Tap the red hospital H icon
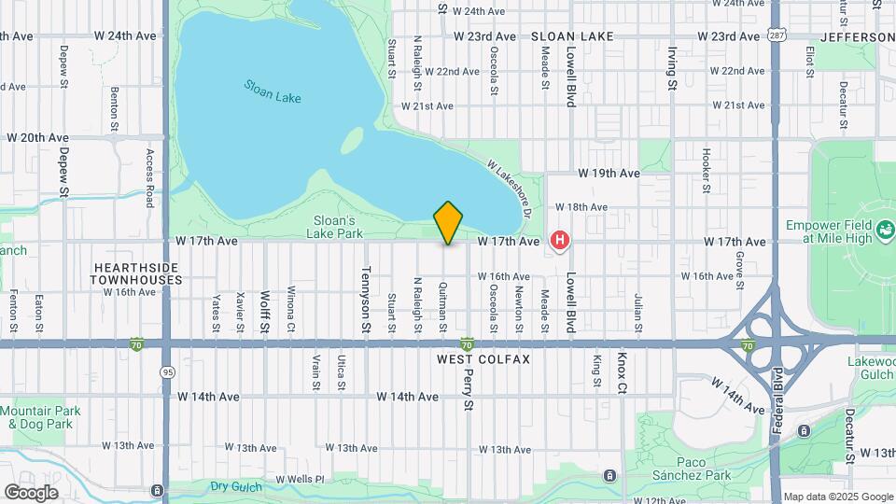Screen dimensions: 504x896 coord(559,241)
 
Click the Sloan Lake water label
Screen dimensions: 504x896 coord(273,91)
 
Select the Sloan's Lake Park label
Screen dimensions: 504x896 coord(337,227)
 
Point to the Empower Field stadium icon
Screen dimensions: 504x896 coord(886,227)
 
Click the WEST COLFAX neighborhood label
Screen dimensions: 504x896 coord(483,359)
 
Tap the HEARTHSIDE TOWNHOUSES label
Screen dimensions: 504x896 coord(137,273)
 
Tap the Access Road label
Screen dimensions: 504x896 coord(149,176)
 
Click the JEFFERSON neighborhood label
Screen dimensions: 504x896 coord(857,37)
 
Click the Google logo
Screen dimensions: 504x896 coord(31,493)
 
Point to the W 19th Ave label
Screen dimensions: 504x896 coord(608,174)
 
